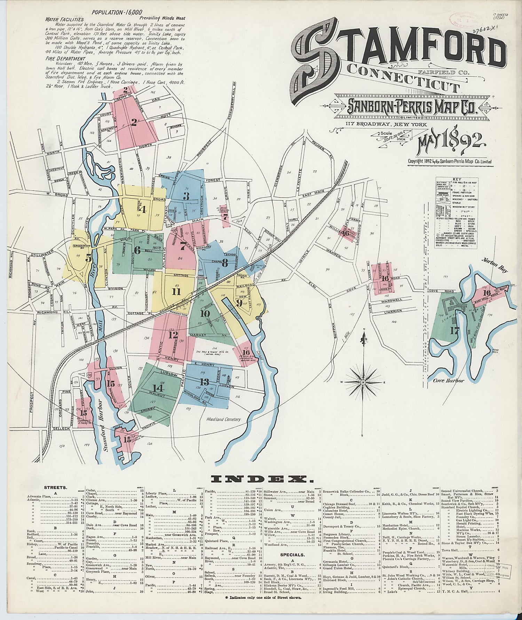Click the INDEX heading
[x=259, y=480]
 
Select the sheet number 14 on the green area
[x=158, y=388]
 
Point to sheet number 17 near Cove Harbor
[x=454, y=330]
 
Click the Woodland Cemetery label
[x=223, y=419]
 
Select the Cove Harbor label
[x=448, y=381]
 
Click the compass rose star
[x=363, y=382]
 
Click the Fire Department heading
[x=65, y=59]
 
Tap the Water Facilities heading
[x=65, y=20]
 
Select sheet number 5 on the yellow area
[x=89, y=258]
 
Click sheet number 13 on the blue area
[x=204, y=381]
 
